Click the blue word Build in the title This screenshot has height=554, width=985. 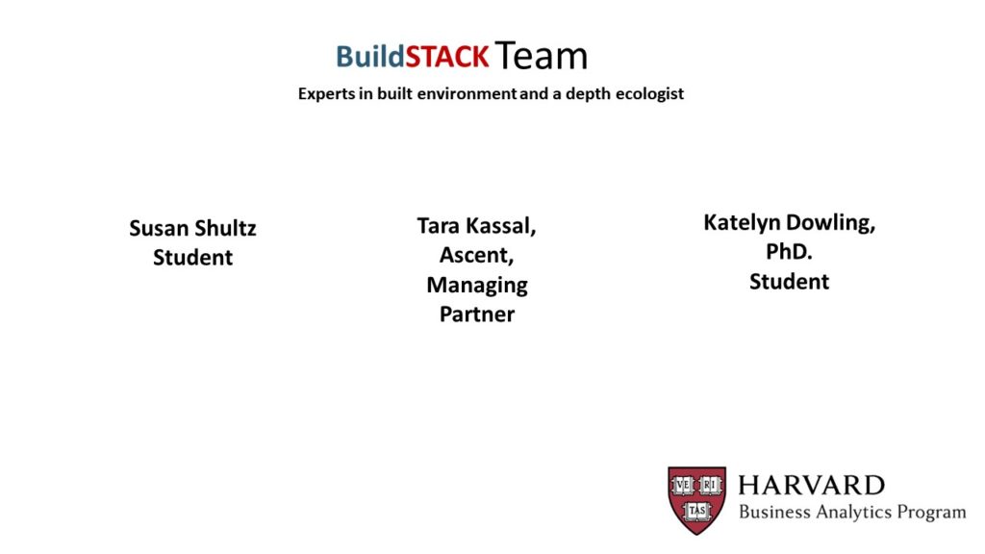click(x=370, y=57)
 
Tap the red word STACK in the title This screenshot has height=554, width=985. click(x=446, y=57)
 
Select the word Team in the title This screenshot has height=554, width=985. click(x=541, y=55)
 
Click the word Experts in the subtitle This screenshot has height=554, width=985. click(x=327, y=93)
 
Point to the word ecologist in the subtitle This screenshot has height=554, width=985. click(x=649, y=93)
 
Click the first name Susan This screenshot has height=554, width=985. click(x=158, y=228)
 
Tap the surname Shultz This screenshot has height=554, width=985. click(x=225, y=228)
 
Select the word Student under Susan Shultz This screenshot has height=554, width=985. click(x=192, y=258)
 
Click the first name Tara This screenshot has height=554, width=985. click(x=439, y=225)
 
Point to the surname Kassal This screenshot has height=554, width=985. click(x=501, y=225)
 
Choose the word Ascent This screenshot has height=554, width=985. click(x=477, y=255)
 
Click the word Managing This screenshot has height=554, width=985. click(x=477, y=285)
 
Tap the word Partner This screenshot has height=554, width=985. click(x=477, y=315)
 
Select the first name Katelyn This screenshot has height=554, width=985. click(x=742, y=222)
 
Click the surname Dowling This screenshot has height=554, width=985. click(x=831, y=222)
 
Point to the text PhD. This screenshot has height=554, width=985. click(x=789, y=251)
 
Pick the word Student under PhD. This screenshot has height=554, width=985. click(x=789, y=282)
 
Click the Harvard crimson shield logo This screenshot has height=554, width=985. click(x=697, y=500)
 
